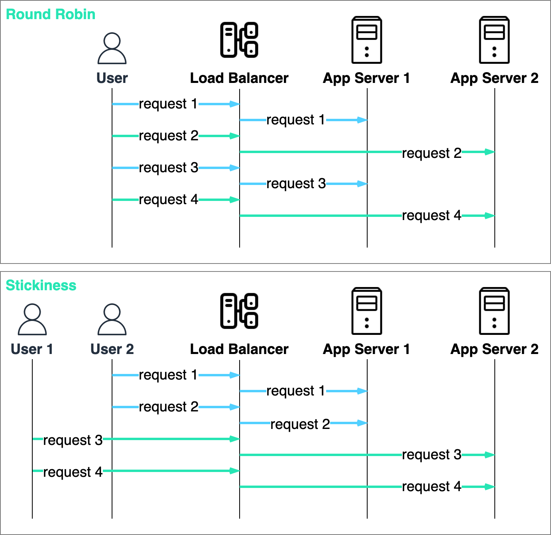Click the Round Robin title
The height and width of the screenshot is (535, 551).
pyautogui.click(x=51, y=14)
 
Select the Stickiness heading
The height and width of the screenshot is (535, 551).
pyautogui.click(x=41, y=285)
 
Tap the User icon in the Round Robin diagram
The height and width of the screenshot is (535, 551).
pyautogui.click(x=112, y=48)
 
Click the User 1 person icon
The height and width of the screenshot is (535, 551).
pyautogui.click(x=32, y=319)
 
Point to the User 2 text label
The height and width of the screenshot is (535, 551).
pyautogui.click(x=112, y=349)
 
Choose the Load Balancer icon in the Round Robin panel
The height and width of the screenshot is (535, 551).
pyautogui.click(x=239, y=40)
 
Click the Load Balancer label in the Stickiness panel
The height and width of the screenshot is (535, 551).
pyautogui.click(x=239, y=349)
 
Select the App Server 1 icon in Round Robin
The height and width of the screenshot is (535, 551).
pyautogui.click(x=367, y=40)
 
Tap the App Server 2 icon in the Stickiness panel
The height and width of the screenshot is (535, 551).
pyautogui.click(x=494, y=311)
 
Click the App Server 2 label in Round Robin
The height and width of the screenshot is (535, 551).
pyautogui.click(x=494, y=78)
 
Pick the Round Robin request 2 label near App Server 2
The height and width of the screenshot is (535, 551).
pyautogui.click(x=431, y=153)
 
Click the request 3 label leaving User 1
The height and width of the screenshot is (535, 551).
pyautogui.click(x=73, y=440)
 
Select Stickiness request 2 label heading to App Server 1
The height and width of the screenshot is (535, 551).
pyautogui.click(x=300, y=424)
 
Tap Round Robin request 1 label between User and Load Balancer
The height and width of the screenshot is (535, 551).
pyautogui.click(x=168, y=104)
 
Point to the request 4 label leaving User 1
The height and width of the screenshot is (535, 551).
pyautogui.click(x=73, y=472)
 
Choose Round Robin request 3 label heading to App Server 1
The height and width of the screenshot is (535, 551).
pyautogui.click(x=296, y=184)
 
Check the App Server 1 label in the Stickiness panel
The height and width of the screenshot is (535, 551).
pyautogui.click(x=366, y=349)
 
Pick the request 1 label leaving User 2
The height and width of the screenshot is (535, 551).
pyautogui.click(x=168, y=375)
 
